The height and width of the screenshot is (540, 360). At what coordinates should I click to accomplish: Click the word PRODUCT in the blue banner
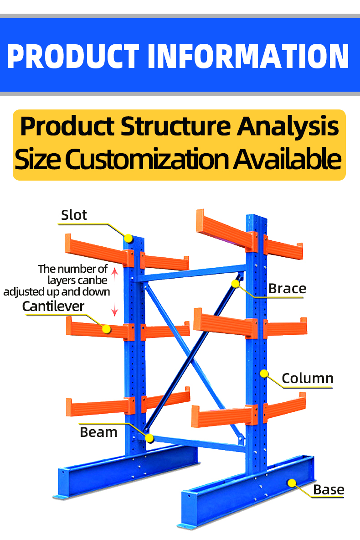[x=72, y=56]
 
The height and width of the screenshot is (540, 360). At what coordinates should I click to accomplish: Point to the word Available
[x=288, y=159]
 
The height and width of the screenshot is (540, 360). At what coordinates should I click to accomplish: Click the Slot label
[x=74, y=215]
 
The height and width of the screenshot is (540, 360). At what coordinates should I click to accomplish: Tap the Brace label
[x=287, y=288]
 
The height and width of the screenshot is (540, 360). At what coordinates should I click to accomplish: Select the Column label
[x=307, y=378]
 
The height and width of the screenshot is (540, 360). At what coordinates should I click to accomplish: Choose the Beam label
[x=98, y=432]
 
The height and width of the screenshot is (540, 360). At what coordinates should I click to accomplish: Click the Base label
[x=328, y=490]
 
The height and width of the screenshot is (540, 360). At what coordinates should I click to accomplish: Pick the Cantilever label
[x=53, y=306]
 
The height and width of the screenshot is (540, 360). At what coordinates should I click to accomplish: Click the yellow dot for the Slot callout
[x=129, y=238]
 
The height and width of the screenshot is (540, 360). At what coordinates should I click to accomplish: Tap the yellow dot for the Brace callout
[x=235, y=284]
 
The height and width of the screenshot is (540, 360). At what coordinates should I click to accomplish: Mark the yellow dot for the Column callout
[x=263, y=374]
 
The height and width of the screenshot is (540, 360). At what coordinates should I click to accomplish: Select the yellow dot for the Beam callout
[x=149, y=439]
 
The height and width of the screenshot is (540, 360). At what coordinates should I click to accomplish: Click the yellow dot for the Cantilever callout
[x=106, y=328]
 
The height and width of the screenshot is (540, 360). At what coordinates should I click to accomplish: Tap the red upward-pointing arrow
[x=115, y=273]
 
